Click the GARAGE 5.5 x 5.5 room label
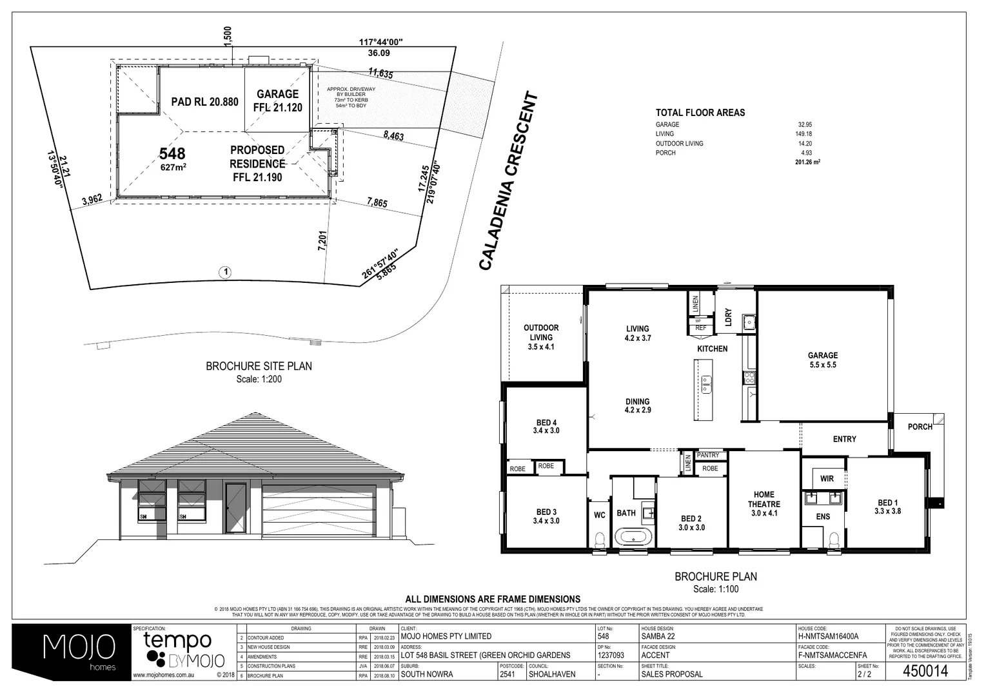pyautogui.click(x=823, y=360)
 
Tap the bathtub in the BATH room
pyautogui.click(x=633, y=536)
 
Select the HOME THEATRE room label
pyautogui.click(x=764, y=504)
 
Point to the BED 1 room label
pyautogui.click(x=887, y=507)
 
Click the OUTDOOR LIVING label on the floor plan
pyautogui.click(x=541, y=336)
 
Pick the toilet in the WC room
pyautogui.click(x=599, y=539)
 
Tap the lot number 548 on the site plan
pyautogui.click(x=172, y=153)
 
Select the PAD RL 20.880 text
pyautogui.click(x=204, y=102)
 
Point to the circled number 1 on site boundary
pyautogui.click(x=225, y=272)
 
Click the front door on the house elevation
pyautogui.click(x=235, y=508)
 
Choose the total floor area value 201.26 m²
pyautogui.click(x=807, y=162)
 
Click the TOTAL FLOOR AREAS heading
pyautogui.click(x=700, y=113)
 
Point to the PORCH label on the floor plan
pyautogui.click(x=920, y=427)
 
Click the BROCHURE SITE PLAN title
pyautogui.click(x=259, y=366)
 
